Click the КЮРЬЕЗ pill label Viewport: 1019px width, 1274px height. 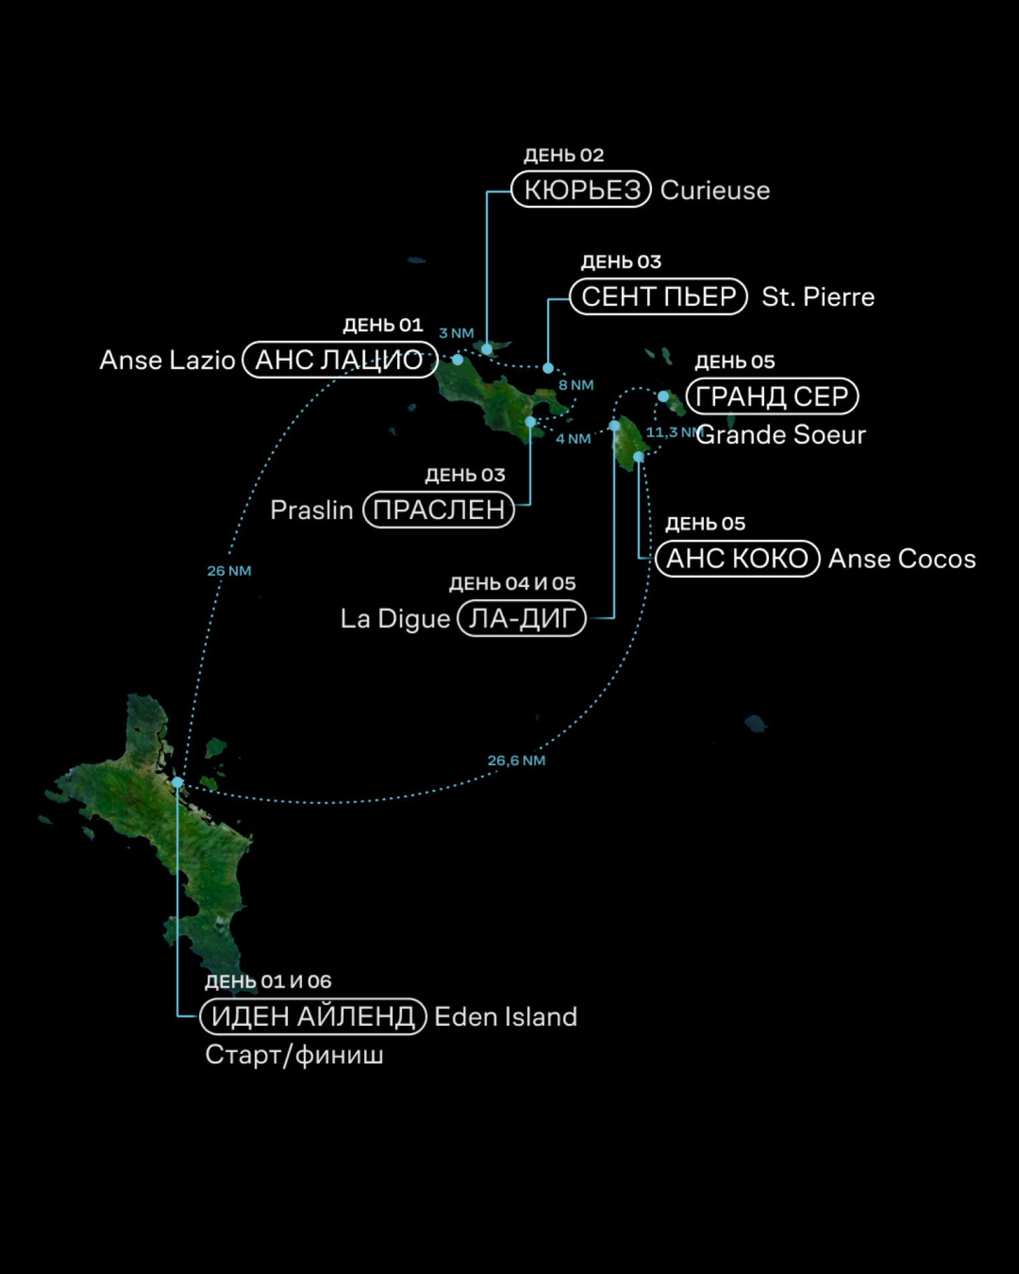[581, 190]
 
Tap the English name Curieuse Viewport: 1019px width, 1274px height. [715, 190]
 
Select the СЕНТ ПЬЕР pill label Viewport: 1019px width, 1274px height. [658, 296]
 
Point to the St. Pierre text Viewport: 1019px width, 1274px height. [817, 297]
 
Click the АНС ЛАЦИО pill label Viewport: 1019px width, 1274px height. [339, 360]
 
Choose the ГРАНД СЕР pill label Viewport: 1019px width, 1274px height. [772, 396]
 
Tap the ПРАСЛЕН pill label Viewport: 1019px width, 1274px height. [438, 510]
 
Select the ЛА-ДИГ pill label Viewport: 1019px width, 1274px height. [521, 619]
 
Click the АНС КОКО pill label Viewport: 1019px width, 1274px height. [737, 559]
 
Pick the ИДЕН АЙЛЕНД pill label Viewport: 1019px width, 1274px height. [313, 1016]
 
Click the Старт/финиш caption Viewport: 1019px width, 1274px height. [294, 1054]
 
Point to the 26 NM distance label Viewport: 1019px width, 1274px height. [229, 571]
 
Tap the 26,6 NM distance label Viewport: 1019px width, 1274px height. [516, 760]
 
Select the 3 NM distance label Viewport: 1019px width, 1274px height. [456, 333]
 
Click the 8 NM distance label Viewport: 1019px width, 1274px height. [576, 385]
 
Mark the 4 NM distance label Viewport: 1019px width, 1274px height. [573, 439]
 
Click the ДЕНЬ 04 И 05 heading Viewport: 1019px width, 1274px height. [512, 584]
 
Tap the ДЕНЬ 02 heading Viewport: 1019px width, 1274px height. [563, 155]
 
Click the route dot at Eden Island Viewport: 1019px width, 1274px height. [177, 782]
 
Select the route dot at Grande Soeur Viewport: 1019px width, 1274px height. [663, 396]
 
